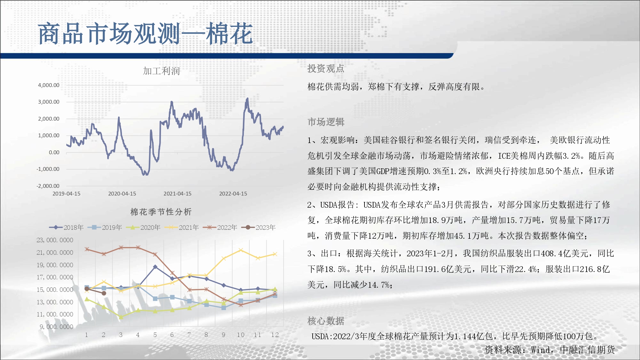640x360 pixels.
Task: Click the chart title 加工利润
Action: [161, 71]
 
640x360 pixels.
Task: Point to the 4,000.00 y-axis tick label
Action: [49, 85]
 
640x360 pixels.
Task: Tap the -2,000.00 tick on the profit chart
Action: [48, 186]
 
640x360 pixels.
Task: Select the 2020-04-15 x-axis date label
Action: [122, 194]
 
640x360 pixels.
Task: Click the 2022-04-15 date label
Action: [233, 194]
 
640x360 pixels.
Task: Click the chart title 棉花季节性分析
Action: [161, 212]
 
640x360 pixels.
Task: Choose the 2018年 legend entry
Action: [66, 228]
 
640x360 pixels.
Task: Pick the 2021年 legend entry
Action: [181, 228]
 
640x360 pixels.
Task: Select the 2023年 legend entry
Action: [258, 228]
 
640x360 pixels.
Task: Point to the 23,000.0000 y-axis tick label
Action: [55, 240]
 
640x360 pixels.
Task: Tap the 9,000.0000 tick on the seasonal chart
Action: [56, 327]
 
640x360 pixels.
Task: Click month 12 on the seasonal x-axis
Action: [275, 335]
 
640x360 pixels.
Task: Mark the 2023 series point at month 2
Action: [104, 293]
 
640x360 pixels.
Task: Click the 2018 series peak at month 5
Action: [155, 267]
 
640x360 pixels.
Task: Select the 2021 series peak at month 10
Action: [241, 250]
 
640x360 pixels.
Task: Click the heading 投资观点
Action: [326, 68]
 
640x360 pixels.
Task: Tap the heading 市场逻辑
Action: [326, 122]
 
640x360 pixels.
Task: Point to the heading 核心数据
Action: [326, 321]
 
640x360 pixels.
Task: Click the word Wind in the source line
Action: [540, 350]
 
